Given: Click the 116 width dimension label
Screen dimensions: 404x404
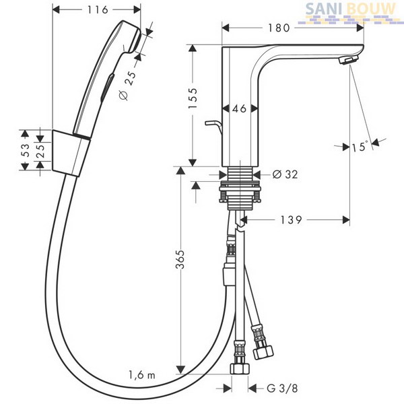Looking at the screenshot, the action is (98, 10).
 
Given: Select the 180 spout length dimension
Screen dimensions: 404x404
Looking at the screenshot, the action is (279, 28).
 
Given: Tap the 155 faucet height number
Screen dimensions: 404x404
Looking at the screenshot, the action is (193, 98).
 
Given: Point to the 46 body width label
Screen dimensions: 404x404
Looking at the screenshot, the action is (239, 108).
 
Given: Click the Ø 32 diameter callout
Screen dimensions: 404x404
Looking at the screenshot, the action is (285, 174).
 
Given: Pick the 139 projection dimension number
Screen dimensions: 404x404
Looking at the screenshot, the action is (291, 220).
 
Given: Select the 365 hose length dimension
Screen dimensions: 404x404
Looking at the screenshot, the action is (180, 259).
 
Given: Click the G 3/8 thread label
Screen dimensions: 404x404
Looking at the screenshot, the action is (282, 388).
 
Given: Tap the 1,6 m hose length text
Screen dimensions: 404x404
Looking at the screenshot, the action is (142, 375).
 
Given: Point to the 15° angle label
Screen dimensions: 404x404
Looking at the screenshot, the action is (359, 147).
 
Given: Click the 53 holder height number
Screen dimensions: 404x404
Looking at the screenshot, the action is (25, 150).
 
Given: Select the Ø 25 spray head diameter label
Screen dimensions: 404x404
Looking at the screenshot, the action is (127, 86).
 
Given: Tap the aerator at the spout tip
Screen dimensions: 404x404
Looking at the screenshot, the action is (347, 61).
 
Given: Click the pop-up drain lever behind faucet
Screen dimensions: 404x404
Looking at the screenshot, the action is (213, 127).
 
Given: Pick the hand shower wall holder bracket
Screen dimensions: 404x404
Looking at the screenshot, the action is (71, 154).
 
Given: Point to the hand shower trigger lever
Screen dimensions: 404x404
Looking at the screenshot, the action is (107, 87).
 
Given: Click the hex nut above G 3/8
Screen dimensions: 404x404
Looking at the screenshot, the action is (240, 368).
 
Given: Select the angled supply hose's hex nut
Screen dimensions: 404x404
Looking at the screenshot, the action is (263, 352).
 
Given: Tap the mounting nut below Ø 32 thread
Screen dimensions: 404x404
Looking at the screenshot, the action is (240, 192).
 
